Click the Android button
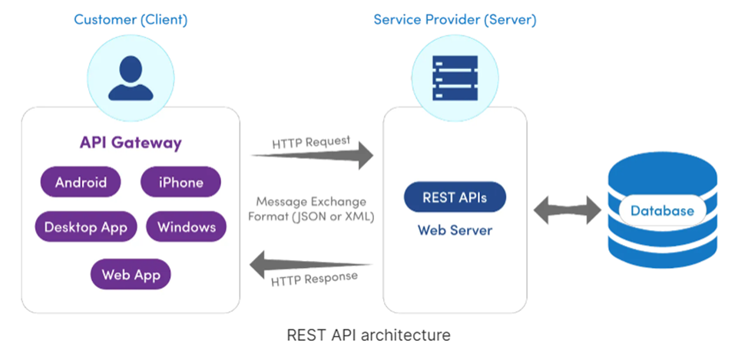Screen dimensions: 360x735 81,183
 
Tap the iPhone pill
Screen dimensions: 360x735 180,183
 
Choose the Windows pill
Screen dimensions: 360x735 186,227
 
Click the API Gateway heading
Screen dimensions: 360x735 131,143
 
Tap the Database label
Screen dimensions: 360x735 662,210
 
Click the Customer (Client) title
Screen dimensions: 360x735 130,19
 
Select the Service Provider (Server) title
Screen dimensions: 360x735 455,19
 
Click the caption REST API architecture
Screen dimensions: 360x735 368,335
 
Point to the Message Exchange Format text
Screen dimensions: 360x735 311,209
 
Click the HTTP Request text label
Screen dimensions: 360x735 311,142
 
